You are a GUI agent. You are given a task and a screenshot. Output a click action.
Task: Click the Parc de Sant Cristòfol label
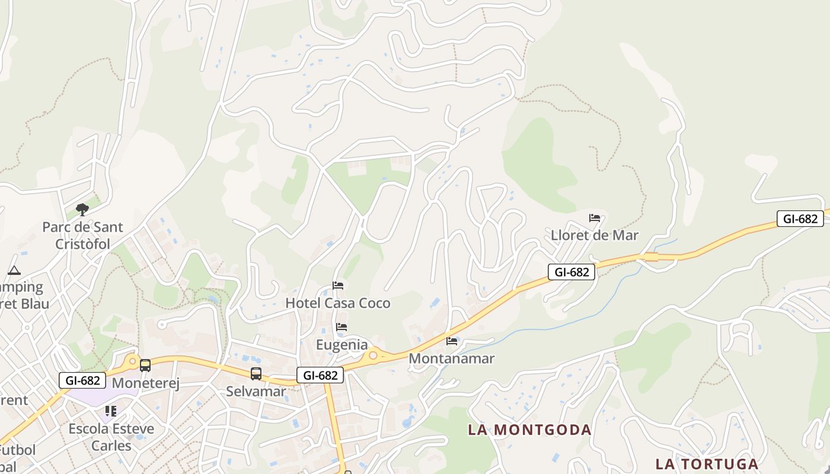tap(82, 235)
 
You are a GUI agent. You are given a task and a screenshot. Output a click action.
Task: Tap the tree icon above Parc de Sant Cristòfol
tap(82, 209)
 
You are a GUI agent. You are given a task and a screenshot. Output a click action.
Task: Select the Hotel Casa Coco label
tap(338, 303)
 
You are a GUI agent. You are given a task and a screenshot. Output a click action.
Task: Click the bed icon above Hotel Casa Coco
tap(338, 286)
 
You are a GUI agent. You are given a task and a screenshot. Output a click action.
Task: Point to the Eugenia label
tap(341, 345)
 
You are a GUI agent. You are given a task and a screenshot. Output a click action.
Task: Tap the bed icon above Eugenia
tap(341, 327)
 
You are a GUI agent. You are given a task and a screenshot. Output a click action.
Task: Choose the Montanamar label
tap(452, 358)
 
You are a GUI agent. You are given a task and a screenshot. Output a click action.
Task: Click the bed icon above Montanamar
tap(452, 341)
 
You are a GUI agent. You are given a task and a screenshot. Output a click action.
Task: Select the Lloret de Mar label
tap(595, 235)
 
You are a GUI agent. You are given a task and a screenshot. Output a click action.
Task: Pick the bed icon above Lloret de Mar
tap(595, 218)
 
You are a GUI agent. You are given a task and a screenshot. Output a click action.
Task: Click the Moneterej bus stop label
tap(145, 383)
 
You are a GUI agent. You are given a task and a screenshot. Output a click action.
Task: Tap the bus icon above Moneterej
tap(145, 366)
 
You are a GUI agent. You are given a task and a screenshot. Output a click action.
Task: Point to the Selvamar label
tap(256, 392)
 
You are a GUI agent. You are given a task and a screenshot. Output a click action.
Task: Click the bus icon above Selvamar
tap(256, 374)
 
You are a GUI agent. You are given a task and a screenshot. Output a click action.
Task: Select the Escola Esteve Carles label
tap(111, 437)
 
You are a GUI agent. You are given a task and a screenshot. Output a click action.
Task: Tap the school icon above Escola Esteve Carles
tap(111, 411)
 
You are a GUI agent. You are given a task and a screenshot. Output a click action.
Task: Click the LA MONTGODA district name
tap(529, 430)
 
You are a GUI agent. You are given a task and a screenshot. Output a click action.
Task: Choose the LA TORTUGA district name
tap(707, 463)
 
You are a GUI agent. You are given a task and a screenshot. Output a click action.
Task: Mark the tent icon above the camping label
tap(14, 271)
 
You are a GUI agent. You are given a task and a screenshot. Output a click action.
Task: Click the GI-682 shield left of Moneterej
tap(82, 380)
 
